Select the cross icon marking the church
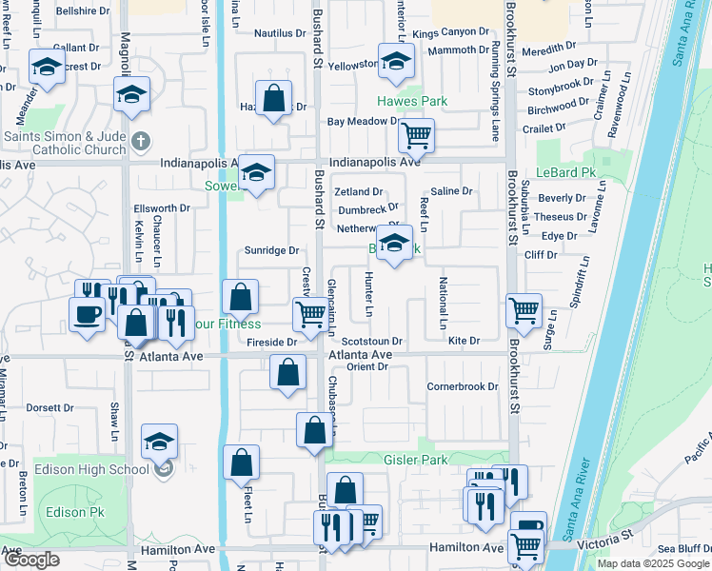[x=140, y=143]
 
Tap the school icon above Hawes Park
[x=396, y=63]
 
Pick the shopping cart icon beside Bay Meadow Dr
[x=416, y=136]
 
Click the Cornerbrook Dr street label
[x=463, y=386]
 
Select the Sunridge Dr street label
[x=272, y=250]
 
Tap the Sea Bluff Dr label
[x=680, y=548]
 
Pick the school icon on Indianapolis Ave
[x=256, y=173]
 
